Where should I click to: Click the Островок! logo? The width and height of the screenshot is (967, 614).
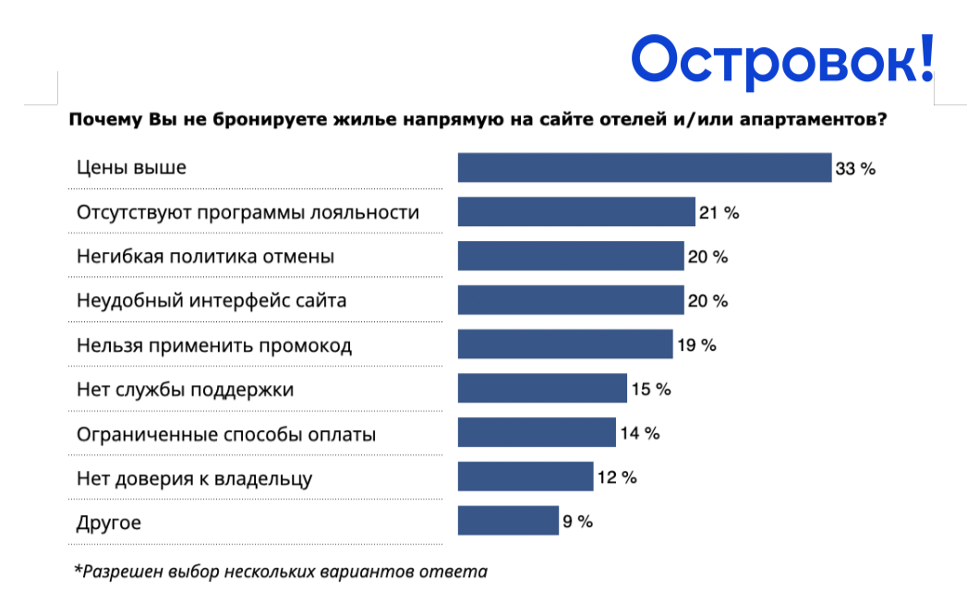pos(782,60)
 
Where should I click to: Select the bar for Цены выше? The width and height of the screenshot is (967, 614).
pos(645,168)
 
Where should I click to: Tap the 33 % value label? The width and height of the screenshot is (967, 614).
pos(855,169)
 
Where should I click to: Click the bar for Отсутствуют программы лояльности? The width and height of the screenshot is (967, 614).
pos(576,211)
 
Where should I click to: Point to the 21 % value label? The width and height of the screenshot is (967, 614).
pos(719,212)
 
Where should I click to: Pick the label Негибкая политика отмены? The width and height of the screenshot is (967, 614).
pos(205,257)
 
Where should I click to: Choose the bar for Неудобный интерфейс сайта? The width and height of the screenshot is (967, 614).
pos(571,300)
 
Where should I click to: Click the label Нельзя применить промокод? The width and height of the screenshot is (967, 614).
pos(214,345)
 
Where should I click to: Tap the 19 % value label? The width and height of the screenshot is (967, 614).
pos(697,345)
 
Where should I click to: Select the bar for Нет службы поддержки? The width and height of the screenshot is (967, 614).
pos(543,389)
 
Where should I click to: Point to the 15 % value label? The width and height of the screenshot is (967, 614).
pos(651,389)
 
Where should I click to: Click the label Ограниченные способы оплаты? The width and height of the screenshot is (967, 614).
pos(226,434)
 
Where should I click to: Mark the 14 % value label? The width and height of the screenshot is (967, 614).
pos(640,433)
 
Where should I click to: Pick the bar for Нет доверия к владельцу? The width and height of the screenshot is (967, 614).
pos(526,476)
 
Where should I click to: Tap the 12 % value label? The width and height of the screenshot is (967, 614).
pos(617,477)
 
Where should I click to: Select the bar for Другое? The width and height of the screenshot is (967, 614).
pos(508,521)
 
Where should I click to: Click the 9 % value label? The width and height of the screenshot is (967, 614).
pos(578,522)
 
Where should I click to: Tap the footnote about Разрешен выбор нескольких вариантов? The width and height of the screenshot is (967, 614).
pos(281,572)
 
